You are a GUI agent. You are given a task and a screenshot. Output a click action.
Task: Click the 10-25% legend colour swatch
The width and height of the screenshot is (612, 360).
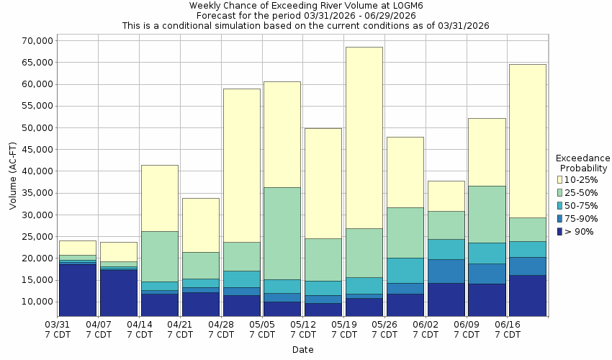[560, 179]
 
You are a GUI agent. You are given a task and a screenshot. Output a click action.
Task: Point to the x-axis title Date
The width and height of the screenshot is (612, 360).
[302, 350]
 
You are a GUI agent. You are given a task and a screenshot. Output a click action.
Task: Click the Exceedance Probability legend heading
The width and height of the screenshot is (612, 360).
[583, 163]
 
